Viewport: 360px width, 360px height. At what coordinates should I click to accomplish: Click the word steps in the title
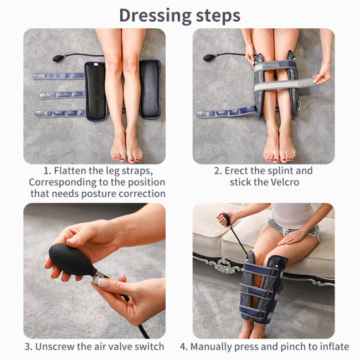pyautogui.click(x=214, y=14)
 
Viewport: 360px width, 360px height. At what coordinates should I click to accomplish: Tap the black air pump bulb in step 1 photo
pyautogui.click(x=58, y=58)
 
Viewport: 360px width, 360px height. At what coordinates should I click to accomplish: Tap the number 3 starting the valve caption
pyautogui.click(x=27, y=347)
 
